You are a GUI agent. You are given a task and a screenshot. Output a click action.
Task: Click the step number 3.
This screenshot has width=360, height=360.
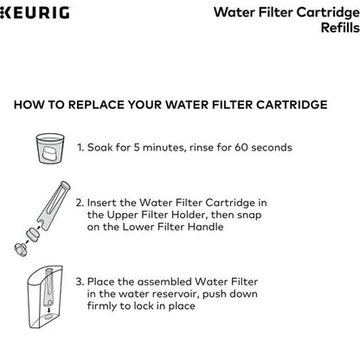(x=80, y=280)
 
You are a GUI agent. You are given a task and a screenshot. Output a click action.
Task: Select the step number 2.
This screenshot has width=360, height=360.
(x=80, y=203)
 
